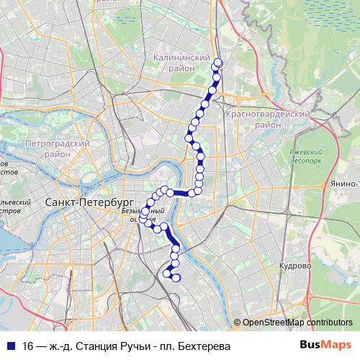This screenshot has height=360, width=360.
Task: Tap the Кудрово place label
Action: point(295,266)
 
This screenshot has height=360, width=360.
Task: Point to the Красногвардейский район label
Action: point(267,119)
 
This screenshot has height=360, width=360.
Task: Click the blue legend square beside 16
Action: point(10,346)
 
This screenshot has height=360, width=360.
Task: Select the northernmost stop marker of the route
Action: point(218,63)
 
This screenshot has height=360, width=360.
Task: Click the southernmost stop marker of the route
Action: point(176,279)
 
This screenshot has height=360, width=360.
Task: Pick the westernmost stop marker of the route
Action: point(143,217)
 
